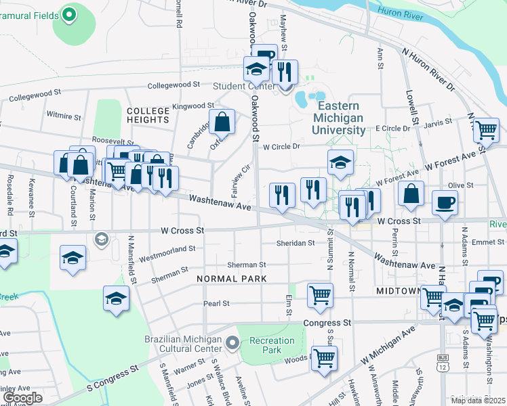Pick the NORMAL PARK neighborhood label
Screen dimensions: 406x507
click(x=231, y=279)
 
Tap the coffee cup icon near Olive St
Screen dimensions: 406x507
click(x=445, y=202)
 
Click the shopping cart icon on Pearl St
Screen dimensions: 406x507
click(x=320, y=294)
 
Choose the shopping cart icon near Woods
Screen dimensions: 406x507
click(x=324, y=358)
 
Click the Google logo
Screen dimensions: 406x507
click(x=22, y=397)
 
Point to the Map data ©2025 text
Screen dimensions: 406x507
click(x=478, y=401)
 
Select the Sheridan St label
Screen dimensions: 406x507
click(x=296, y=243)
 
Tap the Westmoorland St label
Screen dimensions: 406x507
click(x=167, y=254)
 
